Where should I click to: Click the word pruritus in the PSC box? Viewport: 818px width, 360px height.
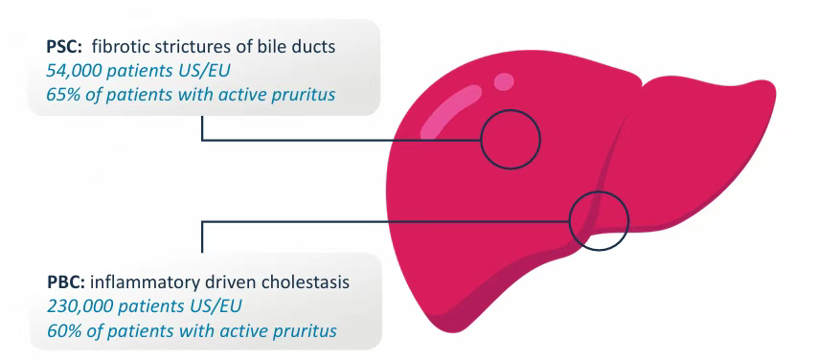(x=307, y=96)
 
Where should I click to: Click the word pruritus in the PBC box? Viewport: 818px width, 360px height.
(x=307, y=331)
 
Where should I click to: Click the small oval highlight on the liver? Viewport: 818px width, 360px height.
(x=504, y=81)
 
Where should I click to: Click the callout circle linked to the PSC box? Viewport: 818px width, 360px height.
(x=511, y=111)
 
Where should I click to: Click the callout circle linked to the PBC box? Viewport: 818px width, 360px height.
(x=599, y=192)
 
